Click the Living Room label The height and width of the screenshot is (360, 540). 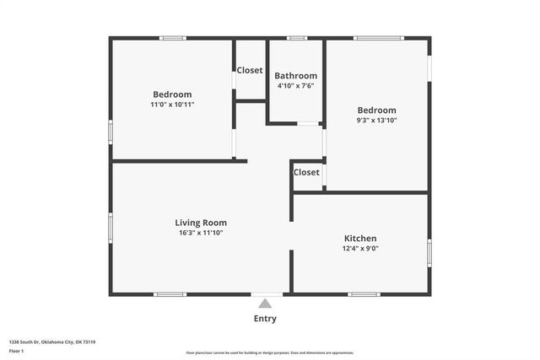[201, 223]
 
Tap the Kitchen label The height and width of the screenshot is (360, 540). [360, 239]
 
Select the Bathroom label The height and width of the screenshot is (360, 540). [296, 76]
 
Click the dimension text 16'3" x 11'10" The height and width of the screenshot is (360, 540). [201, 233]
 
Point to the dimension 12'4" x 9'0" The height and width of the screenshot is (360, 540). [360, 249]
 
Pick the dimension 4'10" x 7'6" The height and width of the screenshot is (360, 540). [296, 85]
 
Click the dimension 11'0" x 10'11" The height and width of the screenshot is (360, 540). [172, 105]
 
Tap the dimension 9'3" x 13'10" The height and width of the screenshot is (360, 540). [376, 121]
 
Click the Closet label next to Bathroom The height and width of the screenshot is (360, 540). [250, 70]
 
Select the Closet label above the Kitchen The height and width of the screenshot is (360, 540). [306, 172]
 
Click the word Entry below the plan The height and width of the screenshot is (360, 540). [265, 319]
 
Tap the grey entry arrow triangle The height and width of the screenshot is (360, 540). [265, 304]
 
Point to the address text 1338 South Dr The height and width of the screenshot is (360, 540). [51, 342]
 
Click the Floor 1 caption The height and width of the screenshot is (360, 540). [17, 351]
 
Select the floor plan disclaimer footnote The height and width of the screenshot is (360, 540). [270, 353]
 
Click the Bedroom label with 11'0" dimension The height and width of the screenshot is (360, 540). [172, 94]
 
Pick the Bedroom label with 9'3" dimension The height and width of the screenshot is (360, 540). [376, 110]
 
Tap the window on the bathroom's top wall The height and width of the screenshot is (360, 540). [296, 38]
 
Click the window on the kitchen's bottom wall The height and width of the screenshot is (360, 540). [364, 294]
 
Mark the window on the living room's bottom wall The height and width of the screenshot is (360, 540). [170, 294]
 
